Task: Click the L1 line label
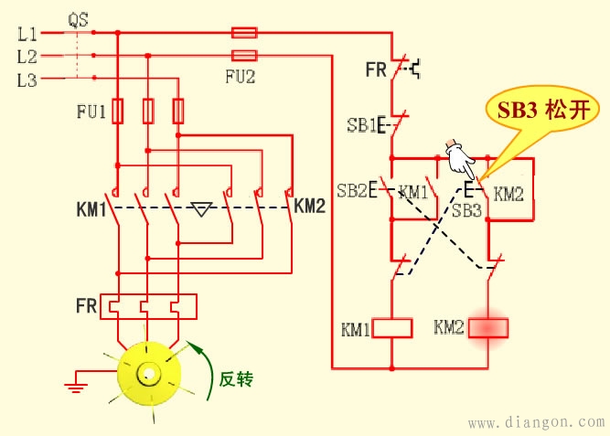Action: pyautogui.click(x=27, y=34)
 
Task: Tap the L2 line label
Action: pyautogui.click(x=27, y=57)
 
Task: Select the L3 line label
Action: pyautogui.click(x=27, y=80)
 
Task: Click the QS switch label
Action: pyautogui.click(x=78, y=17)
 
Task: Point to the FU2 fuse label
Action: pyautogui.click(x=240, y=77)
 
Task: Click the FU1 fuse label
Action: pyautogui.click(x=91, y=113)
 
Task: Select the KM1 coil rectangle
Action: pyautogui.click(x=392, y=328)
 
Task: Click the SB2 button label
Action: pyautogui.click(x=351, y=191)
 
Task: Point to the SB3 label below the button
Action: pyautogui.click(x=466, y=211)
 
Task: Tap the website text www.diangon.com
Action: pyautogui.click(x=536, y=422)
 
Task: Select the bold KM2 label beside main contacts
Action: pyautogui.click(x=310, y=206)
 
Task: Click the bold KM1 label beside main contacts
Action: pyautogui.click(x=92, y=211)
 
